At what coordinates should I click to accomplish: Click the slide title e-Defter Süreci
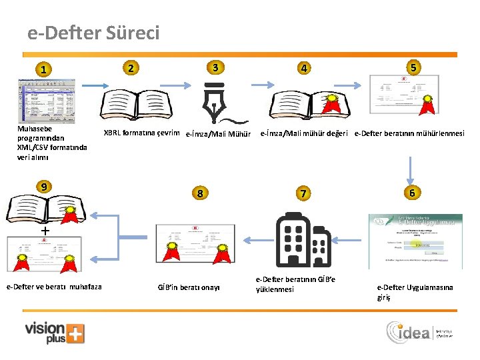pos(94,33)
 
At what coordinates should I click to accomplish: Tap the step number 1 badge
pos(43,69)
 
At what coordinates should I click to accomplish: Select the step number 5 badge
pos(414,67)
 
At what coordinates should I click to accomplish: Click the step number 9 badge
pos(44,186)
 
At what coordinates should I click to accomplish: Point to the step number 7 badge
pos(304,193)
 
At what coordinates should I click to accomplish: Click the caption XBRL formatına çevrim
pos(141,132)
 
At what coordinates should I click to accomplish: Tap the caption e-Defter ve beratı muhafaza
pos(54,287)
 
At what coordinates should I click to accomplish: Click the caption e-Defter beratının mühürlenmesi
pos(409,133)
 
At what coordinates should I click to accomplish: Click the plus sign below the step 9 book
pos(45,230)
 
